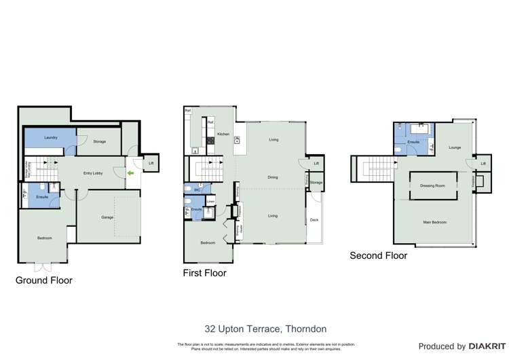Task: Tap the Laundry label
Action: pos(50,138)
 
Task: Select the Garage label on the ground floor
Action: pos(107,217)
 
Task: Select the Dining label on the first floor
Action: pos(272,177)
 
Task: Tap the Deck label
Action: pos(314,220)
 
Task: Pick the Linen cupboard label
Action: pos(211,201)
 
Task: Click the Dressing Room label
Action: pos(432,185)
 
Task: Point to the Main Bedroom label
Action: pos(435,222)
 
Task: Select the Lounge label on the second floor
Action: pos(453,147)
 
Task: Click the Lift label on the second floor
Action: pos(483,164)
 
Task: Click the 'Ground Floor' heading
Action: pos(43,280)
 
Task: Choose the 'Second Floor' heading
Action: pos(378,256)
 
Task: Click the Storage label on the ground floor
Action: pos(99,141)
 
